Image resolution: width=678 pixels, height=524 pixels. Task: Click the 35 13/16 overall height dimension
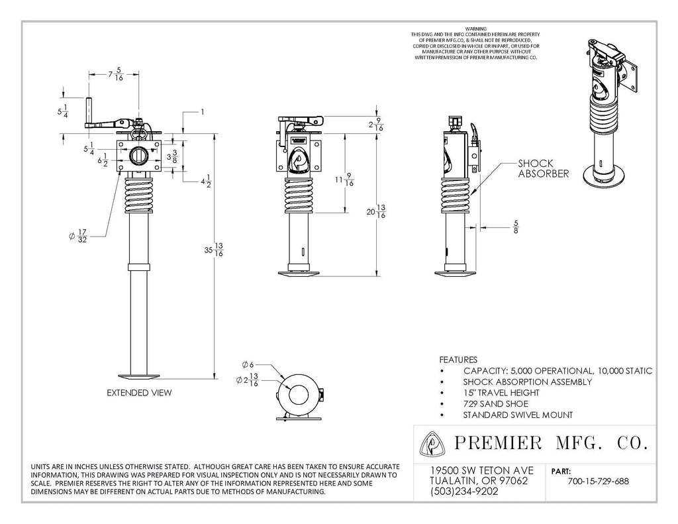pyautogui.click(x=214, y=250)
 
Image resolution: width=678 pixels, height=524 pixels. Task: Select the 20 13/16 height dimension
pyautogui.click(x=376, y=211)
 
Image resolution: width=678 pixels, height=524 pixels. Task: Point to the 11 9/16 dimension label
pyautogui.click(x=344, y=180)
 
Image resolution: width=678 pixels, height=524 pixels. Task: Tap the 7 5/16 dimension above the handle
pyautogui.click(x=116, y=74)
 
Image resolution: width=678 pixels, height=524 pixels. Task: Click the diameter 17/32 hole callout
pyautogui.click(x=78, y=236)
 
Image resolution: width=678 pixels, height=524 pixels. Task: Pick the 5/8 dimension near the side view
pyautogui.click(x=515, y=227)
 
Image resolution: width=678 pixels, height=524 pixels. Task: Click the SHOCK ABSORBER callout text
pyautogui.click(x=543, y=169)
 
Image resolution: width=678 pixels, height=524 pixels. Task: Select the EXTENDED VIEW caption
pyautogui.click(x=139, y=393)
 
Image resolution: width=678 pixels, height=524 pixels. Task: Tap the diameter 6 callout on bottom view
pyautogui.click(x=248, y=364)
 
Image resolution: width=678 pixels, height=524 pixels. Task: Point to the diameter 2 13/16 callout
pyautogui.click(x=248, y=380)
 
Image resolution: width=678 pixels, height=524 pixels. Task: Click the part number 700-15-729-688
pyautogui.click(x=599, y=481)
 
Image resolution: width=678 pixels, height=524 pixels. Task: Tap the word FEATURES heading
pyautogui.click(x=458, y=360)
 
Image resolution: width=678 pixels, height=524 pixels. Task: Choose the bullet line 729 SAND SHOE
pyautogui.click(x=495, y=404)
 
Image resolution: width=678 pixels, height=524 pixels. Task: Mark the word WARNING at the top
pyautogui.click(x=475, y=28)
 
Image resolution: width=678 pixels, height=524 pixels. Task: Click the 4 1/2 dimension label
pyautogui.click(x=205, y=182)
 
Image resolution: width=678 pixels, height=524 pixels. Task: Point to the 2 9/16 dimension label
pyautogui.click(x=376, y=125)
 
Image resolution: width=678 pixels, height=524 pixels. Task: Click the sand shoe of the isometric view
pyautogui.click(x=604, y=176)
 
